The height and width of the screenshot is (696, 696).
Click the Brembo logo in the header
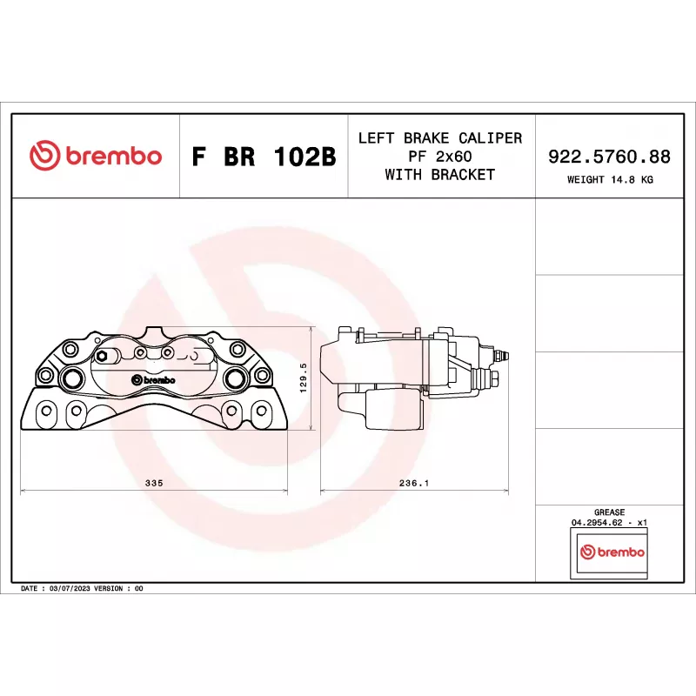[96, 156]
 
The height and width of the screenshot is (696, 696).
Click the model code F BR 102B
[264, 157]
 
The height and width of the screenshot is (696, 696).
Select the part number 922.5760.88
[609, 157]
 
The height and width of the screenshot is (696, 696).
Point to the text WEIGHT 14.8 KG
[610, 180]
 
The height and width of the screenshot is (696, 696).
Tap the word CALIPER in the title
[490, 138]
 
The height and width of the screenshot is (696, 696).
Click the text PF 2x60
[440, 157]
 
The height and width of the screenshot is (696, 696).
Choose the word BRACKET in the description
[463, 175]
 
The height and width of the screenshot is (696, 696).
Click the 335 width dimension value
[154, 483]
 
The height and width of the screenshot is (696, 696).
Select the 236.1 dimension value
[414, 483]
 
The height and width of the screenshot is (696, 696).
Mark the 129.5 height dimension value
[304, 378]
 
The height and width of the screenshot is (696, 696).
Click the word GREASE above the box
[610, 512]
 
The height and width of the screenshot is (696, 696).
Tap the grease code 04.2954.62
[597, 523]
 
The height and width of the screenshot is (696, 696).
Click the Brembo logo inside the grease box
[612, 552]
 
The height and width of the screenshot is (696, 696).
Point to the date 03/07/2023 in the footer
[70, 589]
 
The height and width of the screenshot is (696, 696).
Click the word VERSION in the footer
[108, 589]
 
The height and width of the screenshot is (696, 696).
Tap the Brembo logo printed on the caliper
[154, 380]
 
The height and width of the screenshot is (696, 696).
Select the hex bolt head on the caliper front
[102, 356]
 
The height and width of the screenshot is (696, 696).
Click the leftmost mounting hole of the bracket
[47, 411]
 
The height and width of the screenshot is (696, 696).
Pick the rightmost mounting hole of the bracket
[262, 411]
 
